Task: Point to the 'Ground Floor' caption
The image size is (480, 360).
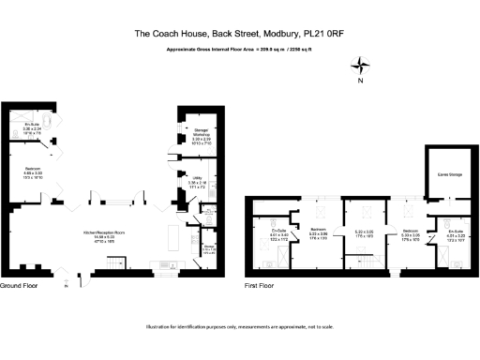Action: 19,284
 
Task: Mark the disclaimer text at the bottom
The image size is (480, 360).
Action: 240,326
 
